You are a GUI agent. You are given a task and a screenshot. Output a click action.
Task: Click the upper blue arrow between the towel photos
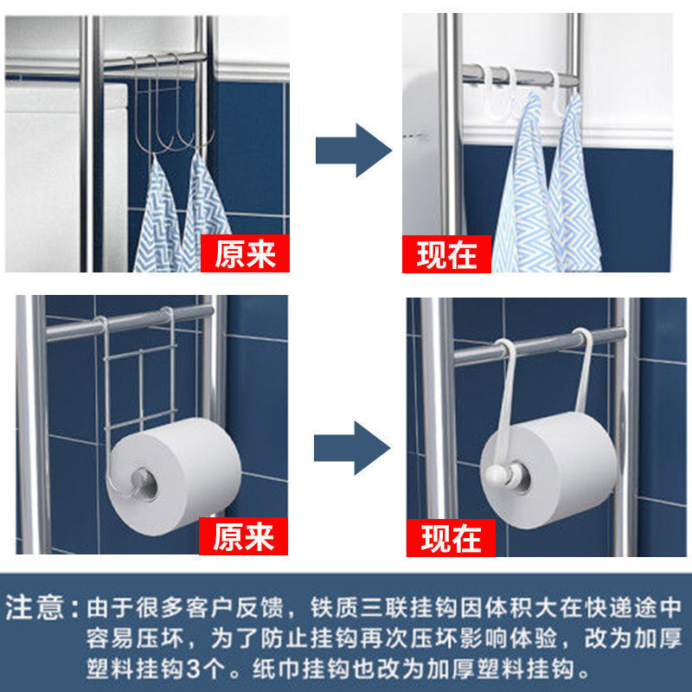point(354,151)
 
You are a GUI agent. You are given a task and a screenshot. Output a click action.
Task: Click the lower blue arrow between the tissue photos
point(352,448)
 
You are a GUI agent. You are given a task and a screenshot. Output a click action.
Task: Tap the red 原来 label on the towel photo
point(245,253)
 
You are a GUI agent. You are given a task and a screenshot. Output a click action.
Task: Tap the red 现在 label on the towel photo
point(446,254)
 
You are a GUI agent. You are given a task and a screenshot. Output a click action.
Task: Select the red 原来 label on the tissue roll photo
point(243,536)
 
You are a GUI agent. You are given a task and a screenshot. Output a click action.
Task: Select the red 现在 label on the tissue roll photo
point(451,537)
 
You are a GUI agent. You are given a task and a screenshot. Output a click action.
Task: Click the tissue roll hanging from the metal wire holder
point(174,477)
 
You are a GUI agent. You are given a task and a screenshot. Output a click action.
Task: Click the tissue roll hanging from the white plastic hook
point(548,471)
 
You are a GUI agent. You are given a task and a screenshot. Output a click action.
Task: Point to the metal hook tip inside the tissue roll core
point(142,480)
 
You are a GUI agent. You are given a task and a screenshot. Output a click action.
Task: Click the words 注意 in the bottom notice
point(35,608)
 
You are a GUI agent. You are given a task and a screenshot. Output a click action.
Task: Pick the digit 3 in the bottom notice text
point(193,670)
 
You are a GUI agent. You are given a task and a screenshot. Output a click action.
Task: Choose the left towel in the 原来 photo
point(157,216)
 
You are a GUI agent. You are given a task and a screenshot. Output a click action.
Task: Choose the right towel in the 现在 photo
point(573,185)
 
